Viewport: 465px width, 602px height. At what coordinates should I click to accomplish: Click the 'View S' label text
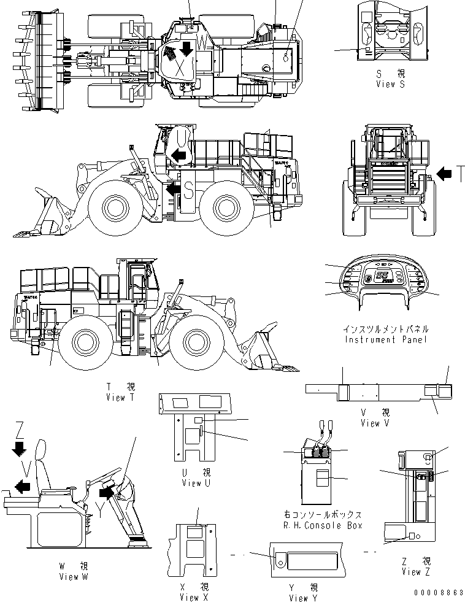(x=390, y=84)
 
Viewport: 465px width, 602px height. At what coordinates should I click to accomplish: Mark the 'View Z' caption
(x=416, y=572)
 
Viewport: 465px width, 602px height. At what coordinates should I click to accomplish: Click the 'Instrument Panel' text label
(x=386, y=339)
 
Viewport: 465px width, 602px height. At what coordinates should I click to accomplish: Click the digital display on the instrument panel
(x=384, y=277)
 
